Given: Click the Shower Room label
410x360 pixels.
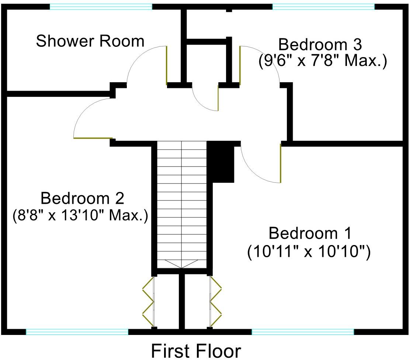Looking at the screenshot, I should click(90, 41).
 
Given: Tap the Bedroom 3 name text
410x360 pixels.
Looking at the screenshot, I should click(320, 45).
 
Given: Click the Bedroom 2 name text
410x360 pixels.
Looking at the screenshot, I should click(82, 199).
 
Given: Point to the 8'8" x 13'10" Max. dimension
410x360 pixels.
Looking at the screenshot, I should click(80, 215).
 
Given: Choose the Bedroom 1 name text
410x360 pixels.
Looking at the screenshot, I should click(310, 234).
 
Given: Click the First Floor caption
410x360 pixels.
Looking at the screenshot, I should click(196, 350).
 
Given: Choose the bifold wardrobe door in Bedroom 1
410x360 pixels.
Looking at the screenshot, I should click(215, 302).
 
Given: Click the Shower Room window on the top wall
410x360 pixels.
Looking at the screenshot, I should click(101, 6).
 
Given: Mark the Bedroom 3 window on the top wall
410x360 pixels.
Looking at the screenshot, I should click(323, 6).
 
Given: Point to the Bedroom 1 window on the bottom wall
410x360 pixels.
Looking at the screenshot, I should click(303, 332).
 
